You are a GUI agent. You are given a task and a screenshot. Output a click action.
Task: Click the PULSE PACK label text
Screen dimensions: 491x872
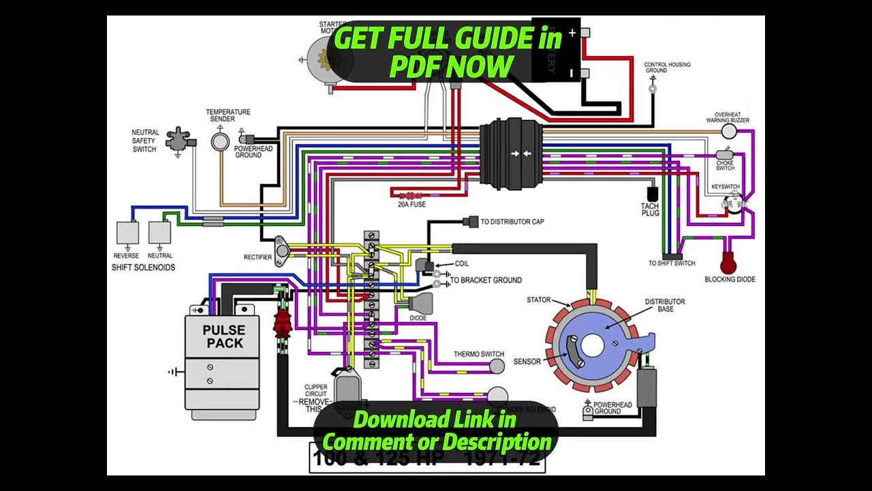coord(223,336)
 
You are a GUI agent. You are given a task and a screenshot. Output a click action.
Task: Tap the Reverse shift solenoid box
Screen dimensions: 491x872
coord(127,233)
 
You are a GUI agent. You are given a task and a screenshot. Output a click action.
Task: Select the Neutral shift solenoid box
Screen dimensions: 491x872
coord(159,233)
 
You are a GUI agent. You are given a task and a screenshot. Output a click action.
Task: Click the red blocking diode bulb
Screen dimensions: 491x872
coord(730,262)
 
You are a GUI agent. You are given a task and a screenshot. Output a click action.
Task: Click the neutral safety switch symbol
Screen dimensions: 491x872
coord(180,139)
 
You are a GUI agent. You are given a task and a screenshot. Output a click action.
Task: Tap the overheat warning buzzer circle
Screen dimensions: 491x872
coord(730,131)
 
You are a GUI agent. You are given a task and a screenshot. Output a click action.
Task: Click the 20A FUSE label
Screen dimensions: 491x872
coord(412,204)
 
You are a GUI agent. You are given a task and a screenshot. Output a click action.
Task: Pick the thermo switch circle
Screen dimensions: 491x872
coord(497,366)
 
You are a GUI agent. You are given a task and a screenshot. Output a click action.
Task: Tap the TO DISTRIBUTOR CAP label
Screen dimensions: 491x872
coord(512,222)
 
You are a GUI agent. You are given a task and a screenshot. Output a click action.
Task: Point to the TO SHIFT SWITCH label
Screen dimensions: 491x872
coord(672,263)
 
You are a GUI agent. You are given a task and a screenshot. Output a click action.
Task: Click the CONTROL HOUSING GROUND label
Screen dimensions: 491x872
coord(667,68)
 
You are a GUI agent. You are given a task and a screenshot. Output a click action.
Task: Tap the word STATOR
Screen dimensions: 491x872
coord(538,300)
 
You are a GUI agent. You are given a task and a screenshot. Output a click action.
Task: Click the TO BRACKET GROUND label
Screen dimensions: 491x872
coord(486,280)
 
